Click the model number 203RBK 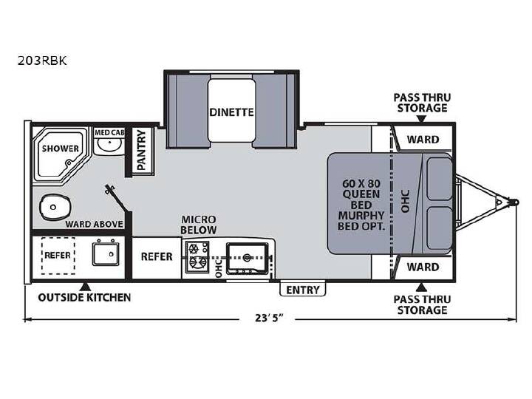click(42, 61)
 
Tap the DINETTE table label click(231, 112)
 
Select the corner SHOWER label click(61, 149)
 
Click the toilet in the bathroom click(55, 207)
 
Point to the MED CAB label click(109, 132)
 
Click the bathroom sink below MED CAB click(108, 145)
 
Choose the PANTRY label click(141, 151)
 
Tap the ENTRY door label click(303, 290)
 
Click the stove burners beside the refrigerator click(197, 256)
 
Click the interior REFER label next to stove click(157, 256)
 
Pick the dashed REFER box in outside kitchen click(58, 256)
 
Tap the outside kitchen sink click(106, 253)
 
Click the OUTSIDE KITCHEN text click(84, 298)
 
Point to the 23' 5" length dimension click(269, 318)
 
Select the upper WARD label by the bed click(423, 139)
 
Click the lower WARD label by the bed click(423, 267)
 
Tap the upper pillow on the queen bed click(440, 179)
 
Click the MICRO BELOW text click(199, 225)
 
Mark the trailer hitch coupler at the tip click(516, 202)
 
